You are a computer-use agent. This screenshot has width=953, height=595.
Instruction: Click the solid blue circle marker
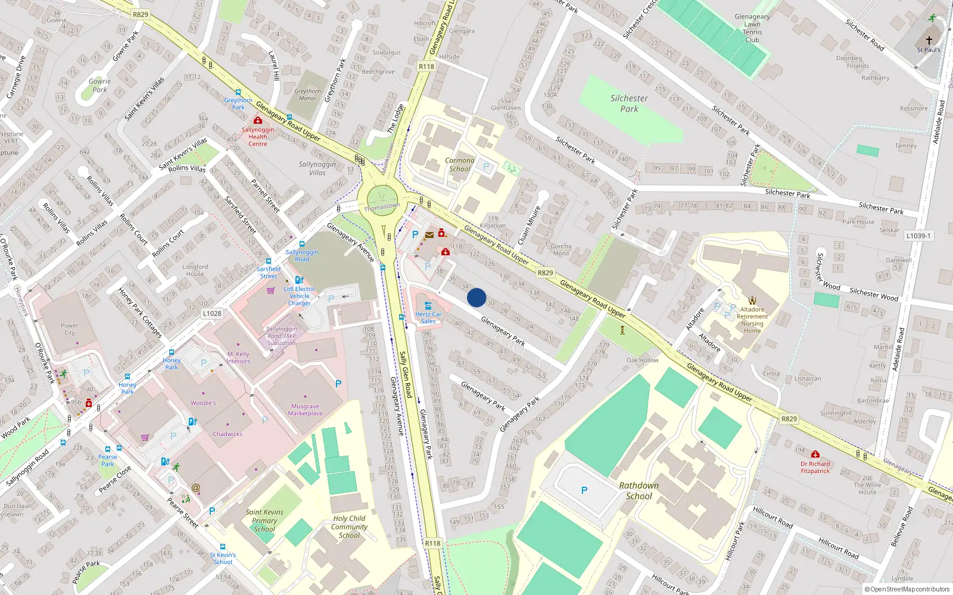click(476, 297)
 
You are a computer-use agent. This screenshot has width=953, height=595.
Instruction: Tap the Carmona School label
click(460, 165)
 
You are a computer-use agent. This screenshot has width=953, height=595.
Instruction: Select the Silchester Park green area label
click(629, 104)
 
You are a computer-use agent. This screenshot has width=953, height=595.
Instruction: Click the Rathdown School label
click(639, 491)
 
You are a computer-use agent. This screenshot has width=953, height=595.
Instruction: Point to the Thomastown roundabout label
click(382, 206)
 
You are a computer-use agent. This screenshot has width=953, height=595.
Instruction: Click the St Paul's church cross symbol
click(929, 40)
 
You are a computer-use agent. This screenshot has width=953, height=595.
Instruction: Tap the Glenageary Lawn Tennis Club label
click(752, 29)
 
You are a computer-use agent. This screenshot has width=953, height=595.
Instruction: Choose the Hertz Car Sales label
click(428, 318)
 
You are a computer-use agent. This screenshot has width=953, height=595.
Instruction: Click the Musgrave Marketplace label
click(305, 410)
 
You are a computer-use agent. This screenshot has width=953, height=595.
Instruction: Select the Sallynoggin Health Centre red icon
click(258, 120)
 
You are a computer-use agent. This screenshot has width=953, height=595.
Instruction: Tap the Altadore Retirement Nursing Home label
click(752, 320)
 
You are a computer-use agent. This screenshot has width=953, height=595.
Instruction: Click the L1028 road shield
click(212, 314)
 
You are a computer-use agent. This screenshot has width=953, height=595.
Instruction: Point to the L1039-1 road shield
click(918, 236)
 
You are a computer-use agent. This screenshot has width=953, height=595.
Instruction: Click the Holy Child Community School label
click(349, 527)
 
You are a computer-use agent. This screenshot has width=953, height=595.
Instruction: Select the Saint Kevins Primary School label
click(264, 520)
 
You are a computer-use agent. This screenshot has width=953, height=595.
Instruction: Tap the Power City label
click(69, 329)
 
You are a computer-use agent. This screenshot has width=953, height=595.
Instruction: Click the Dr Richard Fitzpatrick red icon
click(815, 454)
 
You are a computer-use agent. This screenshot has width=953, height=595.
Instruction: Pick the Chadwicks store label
click(228, 434)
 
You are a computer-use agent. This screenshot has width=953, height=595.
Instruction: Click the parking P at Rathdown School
click(584, 490)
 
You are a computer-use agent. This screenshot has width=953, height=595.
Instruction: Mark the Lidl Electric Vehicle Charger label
click(300, 296)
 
